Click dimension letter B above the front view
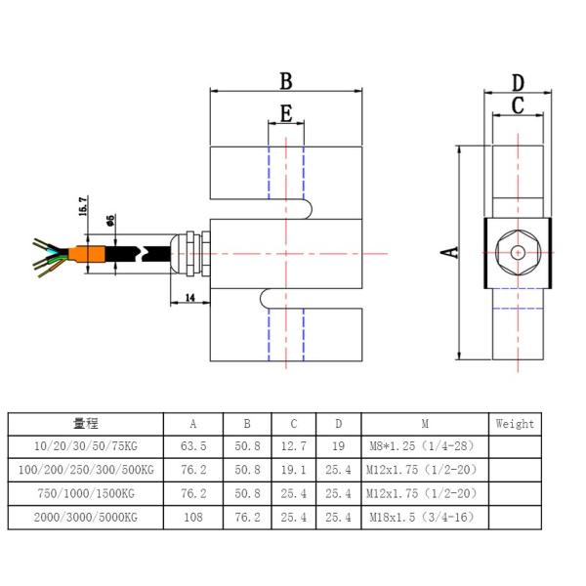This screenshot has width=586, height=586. point(286,80)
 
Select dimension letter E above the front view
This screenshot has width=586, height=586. point(285,113)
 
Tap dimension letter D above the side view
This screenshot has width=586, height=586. point(518,83)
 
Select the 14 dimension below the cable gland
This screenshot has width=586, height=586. point(188,296)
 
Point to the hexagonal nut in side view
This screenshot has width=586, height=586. point(518,252)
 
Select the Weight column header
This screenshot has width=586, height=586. point(514,424)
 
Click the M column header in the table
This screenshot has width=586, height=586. point(424,424)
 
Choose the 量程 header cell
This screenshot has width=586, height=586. point(85,424)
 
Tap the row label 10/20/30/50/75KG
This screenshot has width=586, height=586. point(85,446)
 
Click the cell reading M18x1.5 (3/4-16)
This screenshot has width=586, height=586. point(424,517)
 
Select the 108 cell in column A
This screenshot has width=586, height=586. point(192,517)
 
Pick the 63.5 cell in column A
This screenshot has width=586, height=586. point(192,446)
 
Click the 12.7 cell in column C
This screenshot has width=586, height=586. point(294,446)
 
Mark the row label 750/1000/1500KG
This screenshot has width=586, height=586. point(85,493)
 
